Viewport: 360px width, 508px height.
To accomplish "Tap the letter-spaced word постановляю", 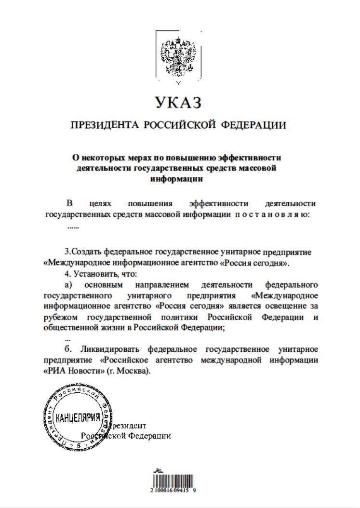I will coord(271,215).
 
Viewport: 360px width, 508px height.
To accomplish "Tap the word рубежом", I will coord(60,317).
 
